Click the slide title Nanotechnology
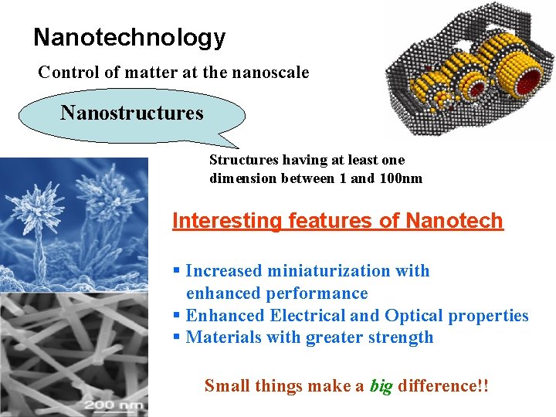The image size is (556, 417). pos(129,37)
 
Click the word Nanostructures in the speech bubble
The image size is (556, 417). pos(132,114)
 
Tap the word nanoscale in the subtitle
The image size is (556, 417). pos(270,73)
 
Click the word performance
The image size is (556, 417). pos(317,293)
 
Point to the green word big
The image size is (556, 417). pos(381,385)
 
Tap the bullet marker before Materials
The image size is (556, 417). pos(177,337)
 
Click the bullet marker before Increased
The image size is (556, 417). pos(177,271)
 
